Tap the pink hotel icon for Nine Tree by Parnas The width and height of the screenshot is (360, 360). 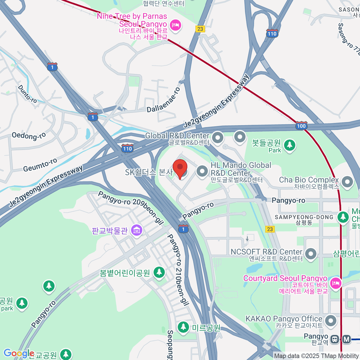pos(175,25)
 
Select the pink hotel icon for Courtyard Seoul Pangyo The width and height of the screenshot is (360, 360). pos(335,283)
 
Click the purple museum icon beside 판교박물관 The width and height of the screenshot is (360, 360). pos(137,230)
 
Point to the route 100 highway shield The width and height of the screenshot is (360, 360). pos(301,126)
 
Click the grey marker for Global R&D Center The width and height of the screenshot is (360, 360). pos(217,138)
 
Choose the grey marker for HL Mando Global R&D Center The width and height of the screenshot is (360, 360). pos(202,172)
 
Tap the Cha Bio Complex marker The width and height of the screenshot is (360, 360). pos(347,182)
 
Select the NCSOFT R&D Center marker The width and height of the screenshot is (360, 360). pos(311,254)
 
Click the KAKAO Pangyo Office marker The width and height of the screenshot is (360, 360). pos(331,321)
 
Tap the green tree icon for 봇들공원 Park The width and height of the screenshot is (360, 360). pos(289,145)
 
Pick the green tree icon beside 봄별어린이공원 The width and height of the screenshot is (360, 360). pos(159,272)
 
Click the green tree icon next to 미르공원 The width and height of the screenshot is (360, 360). pos(183,327)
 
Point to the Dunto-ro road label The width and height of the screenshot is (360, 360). pos(27,94)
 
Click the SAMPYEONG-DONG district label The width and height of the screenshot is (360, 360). pos(304,217)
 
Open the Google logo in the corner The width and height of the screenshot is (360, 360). pos(19,354)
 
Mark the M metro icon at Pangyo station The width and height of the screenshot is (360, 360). pos(346,339)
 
